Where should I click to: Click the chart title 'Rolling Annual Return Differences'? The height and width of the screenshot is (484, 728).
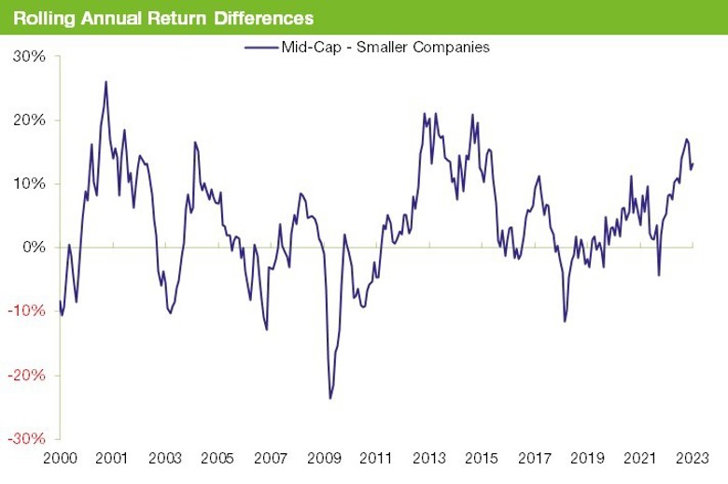pos(163,19)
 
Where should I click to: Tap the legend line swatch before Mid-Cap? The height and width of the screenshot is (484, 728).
pos(259,46)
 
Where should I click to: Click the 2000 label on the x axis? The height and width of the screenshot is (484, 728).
pos(60,459)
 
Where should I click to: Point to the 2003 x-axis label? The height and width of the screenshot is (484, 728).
pos(164,459)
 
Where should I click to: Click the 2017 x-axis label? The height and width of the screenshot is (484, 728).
pos(534,459)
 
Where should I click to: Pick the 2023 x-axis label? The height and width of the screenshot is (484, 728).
pos(693,459)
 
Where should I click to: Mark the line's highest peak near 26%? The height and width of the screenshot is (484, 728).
pos(105,81)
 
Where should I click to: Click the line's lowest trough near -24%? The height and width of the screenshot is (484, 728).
pos(329,399)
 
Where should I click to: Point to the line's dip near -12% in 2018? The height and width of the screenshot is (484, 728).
pos(565,322)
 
